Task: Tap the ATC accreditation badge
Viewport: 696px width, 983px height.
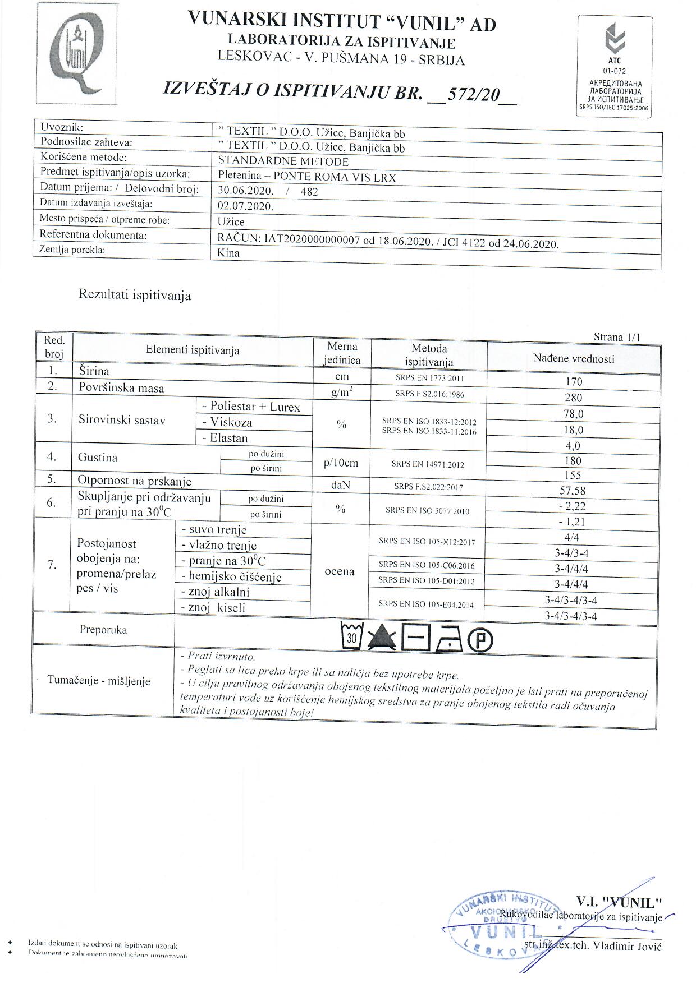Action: pyautogui.click(x=615, y=66)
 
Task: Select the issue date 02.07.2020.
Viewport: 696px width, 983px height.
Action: pyautogui.click(x=245, y=206)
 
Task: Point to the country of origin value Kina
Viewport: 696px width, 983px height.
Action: pyautogui.click(x=228, y=253)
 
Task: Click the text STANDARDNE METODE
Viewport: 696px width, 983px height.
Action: pyautogui.click(x=283, y=162)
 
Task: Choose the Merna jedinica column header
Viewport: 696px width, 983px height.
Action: pyautogui.click(x=342, y=353)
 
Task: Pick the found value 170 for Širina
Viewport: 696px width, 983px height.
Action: pyautogui.click(x=574, y=382)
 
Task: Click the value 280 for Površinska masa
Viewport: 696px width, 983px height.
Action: pyautogui.click(x=574, y=398)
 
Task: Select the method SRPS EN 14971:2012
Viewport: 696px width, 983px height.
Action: pyautogui.click(x=428, y=464)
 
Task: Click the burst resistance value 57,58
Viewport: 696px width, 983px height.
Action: pyautogui.click(x=573, y=491)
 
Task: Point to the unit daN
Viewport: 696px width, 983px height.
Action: pyautogui.click(x=341, y=485)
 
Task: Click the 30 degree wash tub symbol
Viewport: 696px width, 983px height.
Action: pyautogui.click(x=352, y=637)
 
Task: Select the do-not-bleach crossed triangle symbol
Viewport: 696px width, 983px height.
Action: pyautogui.click(x=383, y=638)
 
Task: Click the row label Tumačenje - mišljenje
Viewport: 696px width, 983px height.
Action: pyautogui.click(x=99, y=681)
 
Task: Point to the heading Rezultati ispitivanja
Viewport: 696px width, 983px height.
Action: pyautogui.click(x=135, y=296)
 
